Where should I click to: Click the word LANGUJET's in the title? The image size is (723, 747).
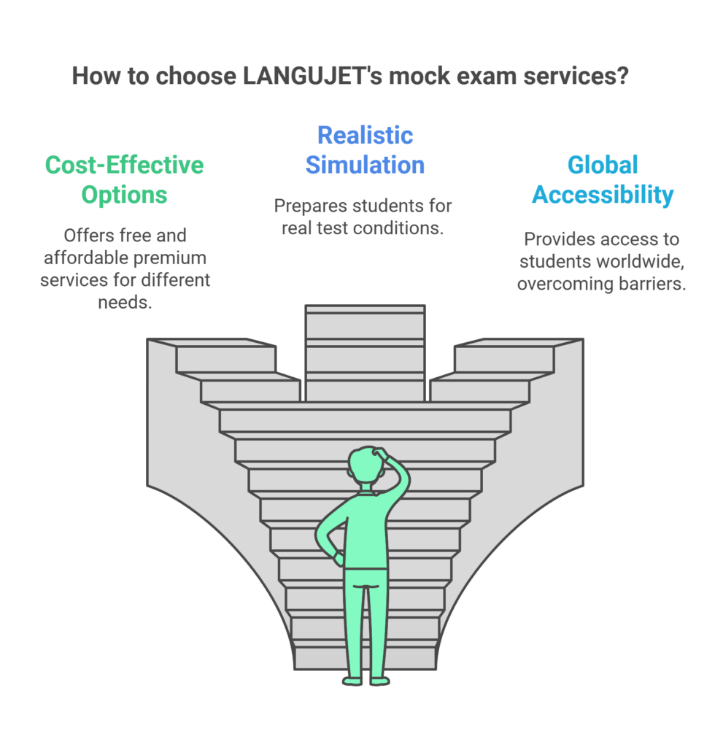click(x=304, y=77)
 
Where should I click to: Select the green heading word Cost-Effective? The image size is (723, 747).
click(x=125, y=165)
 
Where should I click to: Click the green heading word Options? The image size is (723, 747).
click(x=125, y=195)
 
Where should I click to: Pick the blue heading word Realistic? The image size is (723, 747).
click(x=365, y=135)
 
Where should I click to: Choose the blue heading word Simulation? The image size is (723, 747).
click(x=365, y=165)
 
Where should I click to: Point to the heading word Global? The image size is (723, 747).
click(x=603, y=165)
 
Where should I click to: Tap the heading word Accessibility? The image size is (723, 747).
click(x=603, y=195)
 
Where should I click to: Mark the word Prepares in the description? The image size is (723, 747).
click(x=303, y=206)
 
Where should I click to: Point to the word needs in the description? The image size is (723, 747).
click(x=125, y=301)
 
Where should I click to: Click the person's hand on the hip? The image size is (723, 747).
click(x=337, y=557)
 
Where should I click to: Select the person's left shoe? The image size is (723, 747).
click(x=352, y=681)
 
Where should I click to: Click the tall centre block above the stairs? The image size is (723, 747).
click(x=365, y=354)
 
